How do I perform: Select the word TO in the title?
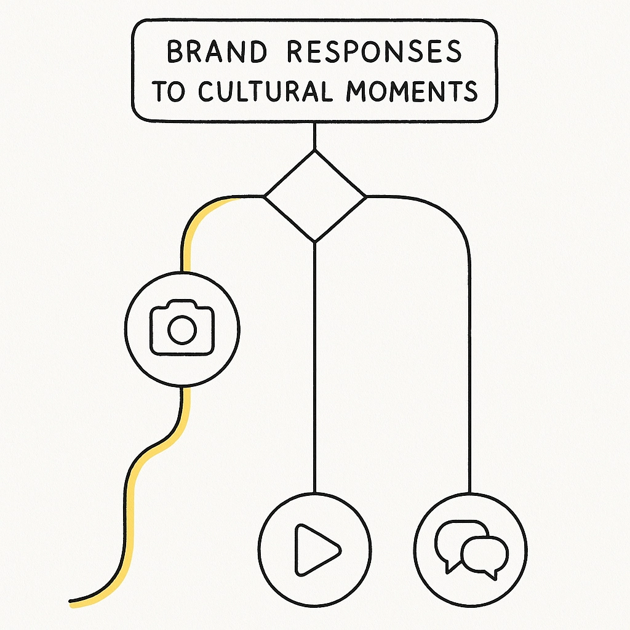click(167, 91)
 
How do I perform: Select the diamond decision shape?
click(315, 196)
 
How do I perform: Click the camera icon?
click(182, 328)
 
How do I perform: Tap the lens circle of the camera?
click(182, 330)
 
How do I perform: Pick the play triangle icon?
click(316, 549)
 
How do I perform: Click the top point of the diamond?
click(315, 151)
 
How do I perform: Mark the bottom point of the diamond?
click(315, 242)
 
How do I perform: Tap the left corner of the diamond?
click(265, 197)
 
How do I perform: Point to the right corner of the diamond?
click(365, 197)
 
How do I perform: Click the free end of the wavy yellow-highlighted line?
click(71, 601)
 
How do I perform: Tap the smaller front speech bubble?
click(485, 553)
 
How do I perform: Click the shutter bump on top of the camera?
click(182, 305)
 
